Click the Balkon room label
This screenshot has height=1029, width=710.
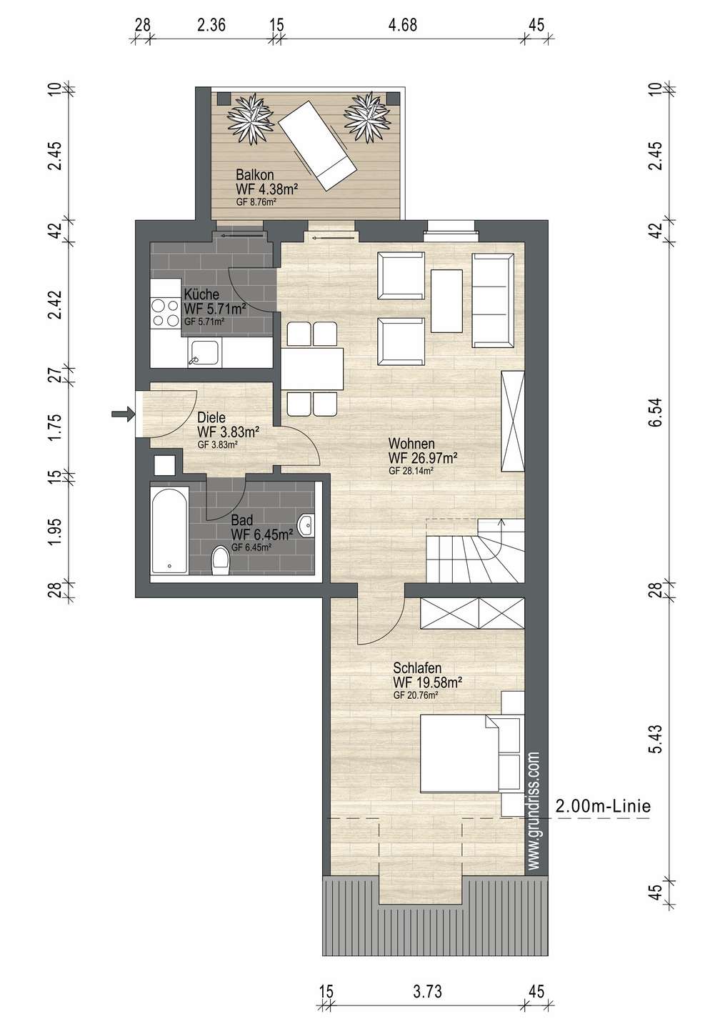pyautogui.click(x=255, y=174)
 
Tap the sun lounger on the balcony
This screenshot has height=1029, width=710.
pyautogui.click(x=318, y=146)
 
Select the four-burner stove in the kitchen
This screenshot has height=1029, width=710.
pyautogui.click(x=165, y=312)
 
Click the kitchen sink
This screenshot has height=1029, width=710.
pyautogui.click(x=204, y=352)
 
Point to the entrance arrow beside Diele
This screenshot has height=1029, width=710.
pyautogui.click(x=123, y=414)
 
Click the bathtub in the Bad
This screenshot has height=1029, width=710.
pyautogui.click(x=169, y=530)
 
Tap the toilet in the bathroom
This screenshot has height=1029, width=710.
pyautogui.click(x=221, y=560)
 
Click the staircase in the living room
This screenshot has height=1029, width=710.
pyautogui.click(x=475, y=551)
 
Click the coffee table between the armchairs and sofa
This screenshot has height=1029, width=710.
pyautogui.click(x=446, y=301)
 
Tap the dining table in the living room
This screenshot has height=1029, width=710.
pyautogui.click(x=312, y=369)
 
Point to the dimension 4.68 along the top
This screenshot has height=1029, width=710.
pyautogui.click(x=402, y=24)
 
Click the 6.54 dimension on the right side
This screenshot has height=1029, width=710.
pyautogui.click(x=656, y=412)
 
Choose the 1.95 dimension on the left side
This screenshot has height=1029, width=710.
pyautogui.click(x=56, y=532)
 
